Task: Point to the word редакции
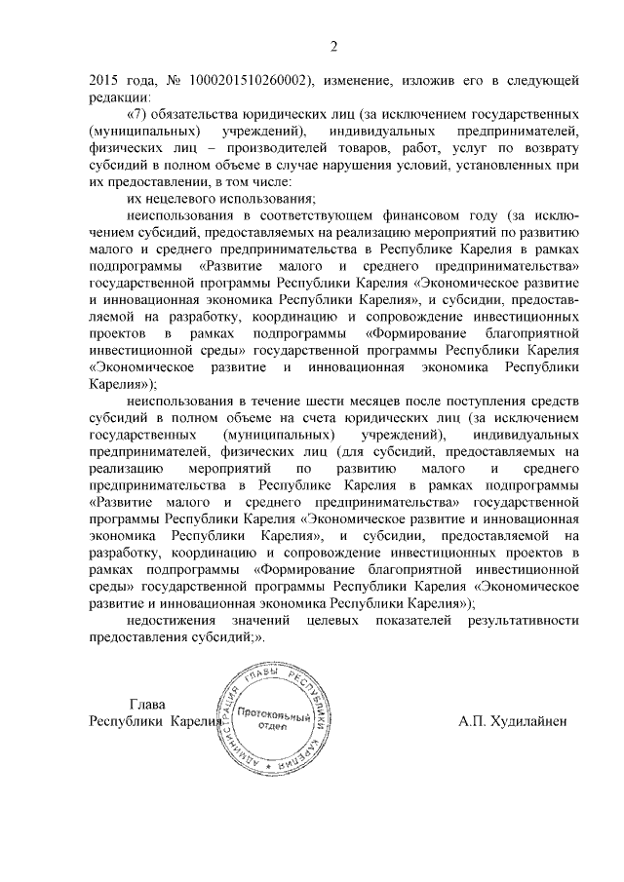(119, 97)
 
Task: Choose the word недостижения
(172, 619)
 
